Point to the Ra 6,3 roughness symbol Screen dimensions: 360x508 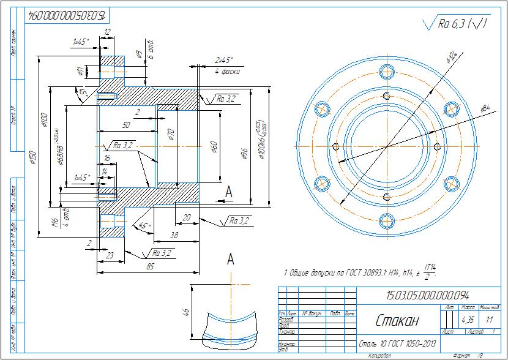tap(455, 24)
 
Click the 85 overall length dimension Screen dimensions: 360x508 tap(150, 267)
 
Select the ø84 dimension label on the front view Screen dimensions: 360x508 tap(485, 108)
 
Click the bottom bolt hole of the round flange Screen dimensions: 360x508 tap(386, 220)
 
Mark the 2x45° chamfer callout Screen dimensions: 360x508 tap(224, 61)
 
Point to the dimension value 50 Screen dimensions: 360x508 tap(127, 125)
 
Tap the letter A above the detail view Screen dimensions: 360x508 tap(231, 259)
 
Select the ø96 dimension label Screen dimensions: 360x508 tap(243, 154)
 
